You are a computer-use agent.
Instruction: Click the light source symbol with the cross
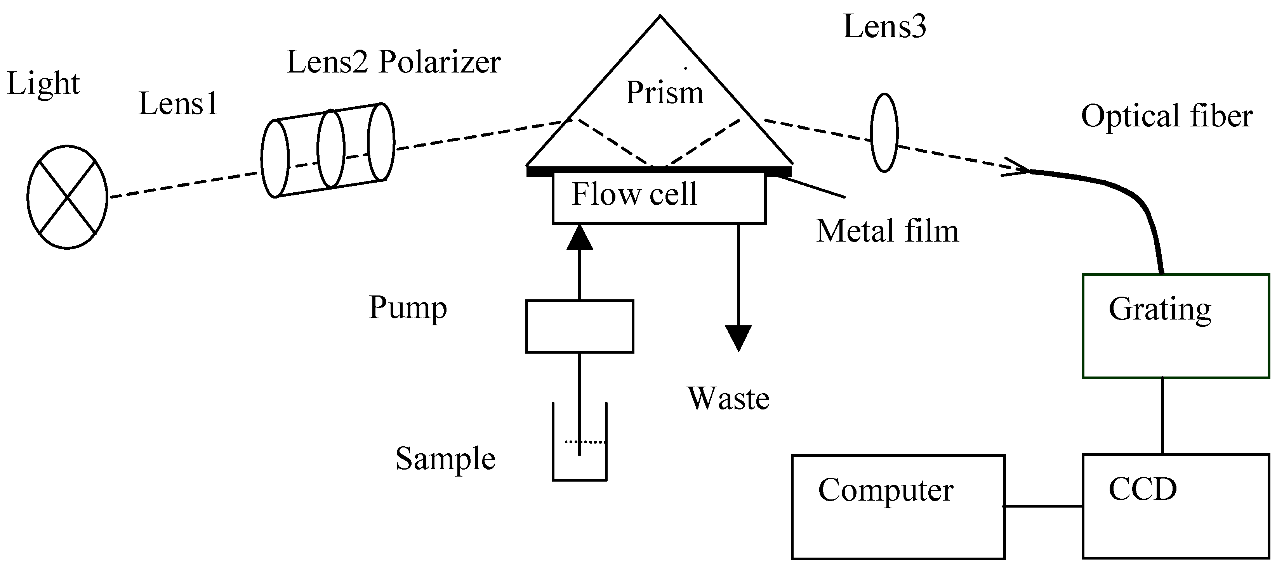click(x=67, y=197)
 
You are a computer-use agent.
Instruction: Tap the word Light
click(x=43, y=84)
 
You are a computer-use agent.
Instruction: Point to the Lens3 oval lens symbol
click(x=884, y=133)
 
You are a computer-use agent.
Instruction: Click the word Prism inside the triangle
click(x=664, y=93)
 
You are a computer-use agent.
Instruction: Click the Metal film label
click(x=887, y=231)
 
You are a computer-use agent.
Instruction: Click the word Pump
click(x=408, y=307)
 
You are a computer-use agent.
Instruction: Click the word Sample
click(x=445, y=459)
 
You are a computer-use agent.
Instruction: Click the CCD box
click(x=1175, y=506)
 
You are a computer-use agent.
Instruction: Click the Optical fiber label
click(x=1166, y=116)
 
